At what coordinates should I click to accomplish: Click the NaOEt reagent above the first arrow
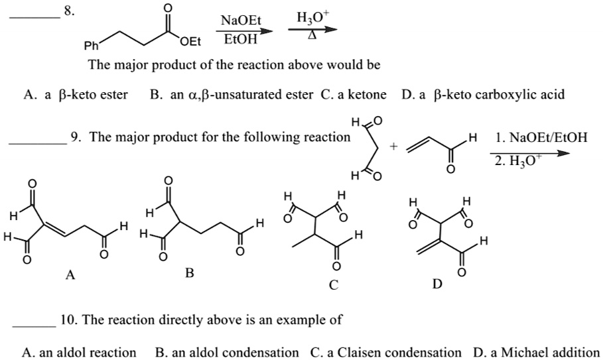[240, 21]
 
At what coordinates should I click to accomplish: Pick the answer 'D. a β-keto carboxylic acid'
[483, 95]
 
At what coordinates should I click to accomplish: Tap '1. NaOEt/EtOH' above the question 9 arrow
[541, 138]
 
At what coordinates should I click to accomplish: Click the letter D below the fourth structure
[436, 284]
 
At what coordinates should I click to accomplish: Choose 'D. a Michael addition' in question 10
[536, 352]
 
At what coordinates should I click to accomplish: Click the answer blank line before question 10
[34, 325]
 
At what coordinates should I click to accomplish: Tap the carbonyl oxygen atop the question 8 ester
[168, 7]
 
